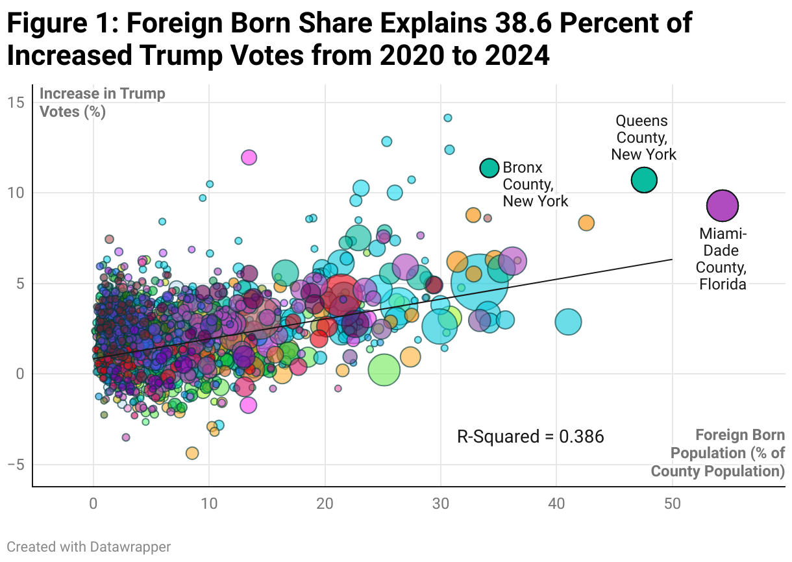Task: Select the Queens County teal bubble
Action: click(x=644, y=180)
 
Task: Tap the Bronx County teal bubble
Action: click(x=489, y=167)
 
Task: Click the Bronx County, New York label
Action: click(x=535, y=184)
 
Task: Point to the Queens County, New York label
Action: click(x=643, y=138)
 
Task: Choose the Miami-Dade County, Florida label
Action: click(x=722, y=259)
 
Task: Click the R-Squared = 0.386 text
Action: click(x=530, y=437)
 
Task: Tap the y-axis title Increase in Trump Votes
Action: click(x=103, y=103)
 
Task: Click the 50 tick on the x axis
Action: click(x=672, y=504)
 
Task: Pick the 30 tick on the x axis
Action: click(x=441, y=504)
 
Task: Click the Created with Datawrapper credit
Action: click(x=89, y=547)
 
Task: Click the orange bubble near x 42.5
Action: click(x=586, y=223)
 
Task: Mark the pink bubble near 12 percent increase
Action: click(x=249, y=157)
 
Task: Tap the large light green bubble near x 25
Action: click(x=384, y=370)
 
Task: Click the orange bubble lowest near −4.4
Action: click(x=192, y=453)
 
